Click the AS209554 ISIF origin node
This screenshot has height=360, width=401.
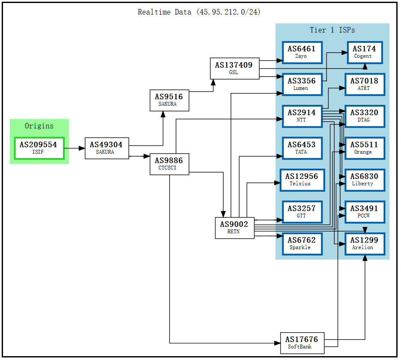pos(39,148)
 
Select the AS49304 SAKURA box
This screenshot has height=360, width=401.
pos(107,148)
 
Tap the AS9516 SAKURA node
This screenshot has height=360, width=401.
pos(169,100)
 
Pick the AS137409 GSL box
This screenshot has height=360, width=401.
pos(234,68)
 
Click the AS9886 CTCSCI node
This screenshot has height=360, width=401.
pos(169,164)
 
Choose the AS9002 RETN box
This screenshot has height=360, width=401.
pos(234,228)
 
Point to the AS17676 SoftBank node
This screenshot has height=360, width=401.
pos(302,343)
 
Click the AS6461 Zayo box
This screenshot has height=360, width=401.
pos(302,52)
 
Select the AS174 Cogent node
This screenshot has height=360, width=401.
pos(364,52)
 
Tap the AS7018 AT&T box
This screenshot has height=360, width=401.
pos(364,84)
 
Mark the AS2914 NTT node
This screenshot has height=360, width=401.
pos(302,116)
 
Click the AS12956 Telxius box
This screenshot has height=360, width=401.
pos(302,180)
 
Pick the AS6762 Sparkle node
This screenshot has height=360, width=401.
pos(302,244)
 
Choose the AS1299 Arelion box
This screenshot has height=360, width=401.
pos(364,244)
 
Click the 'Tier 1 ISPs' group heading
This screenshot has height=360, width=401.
pos(332,30)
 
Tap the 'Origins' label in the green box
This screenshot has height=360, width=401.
pos(39,126)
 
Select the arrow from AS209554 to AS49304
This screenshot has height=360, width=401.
pos(75,148)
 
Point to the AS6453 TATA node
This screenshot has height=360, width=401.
pos(302,148)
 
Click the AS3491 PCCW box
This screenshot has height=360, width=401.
pos(364,212)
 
